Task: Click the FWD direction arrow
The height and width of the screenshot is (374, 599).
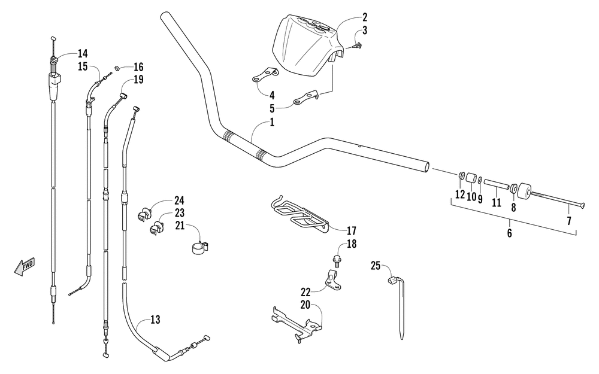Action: coord(25,266)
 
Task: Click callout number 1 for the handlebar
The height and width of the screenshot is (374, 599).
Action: coord(272,123)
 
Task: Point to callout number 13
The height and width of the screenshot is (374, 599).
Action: coord(155,320)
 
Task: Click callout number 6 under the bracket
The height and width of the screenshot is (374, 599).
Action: coord(509,233)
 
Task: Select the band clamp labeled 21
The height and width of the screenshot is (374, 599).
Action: coord(201,247)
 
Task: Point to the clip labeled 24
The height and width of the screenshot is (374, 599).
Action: coord(145,214)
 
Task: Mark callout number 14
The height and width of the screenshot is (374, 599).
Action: coord(83,53)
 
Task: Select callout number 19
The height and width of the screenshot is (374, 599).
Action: coord(138,80)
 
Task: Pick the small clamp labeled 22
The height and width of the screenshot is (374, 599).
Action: coord(334,279)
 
